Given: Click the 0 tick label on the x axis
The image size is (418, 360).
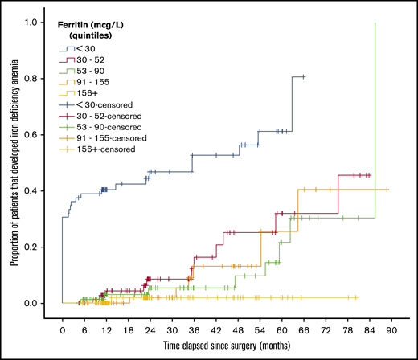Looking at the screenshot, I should tap(62, 329).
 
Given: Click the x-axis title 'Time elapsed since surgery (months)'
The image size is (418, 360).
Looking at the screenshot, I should tap(227, 345).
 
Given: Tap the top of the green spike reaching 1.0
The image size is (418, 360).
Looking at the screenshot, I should tap(375, 23).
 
